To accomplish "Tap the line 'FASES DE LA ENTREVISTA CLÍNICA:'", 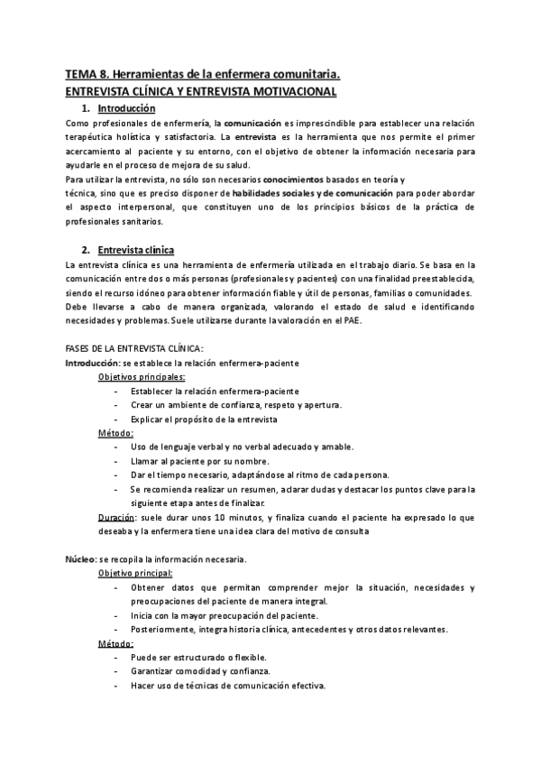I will coord(135,348).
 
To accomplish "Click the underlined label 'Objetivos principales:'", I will coord(142,377).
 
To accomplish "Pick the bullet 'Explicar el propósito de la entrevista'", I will coord(204,419).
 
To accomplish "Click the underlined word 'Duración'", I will coord(116,517).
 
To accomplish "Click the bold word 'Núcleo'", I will coord(80,559).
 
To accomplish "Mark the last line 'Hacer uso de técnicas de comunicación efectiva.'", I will coord(227,686).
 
